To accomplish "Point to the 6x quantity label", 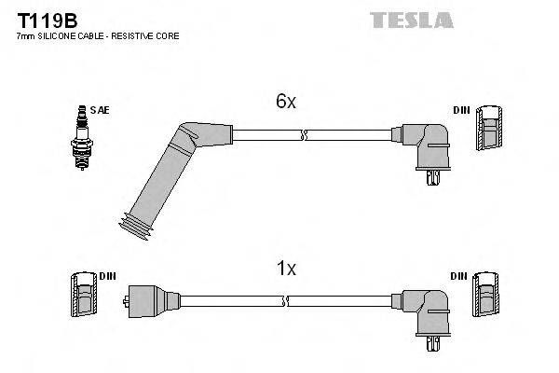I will coord(285,103).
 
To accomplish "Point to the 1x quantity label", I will coord(285,269).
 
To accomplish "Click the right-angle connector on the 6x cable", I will coord(425,145).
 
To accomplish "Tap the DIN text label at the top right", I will coord(461,110).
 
